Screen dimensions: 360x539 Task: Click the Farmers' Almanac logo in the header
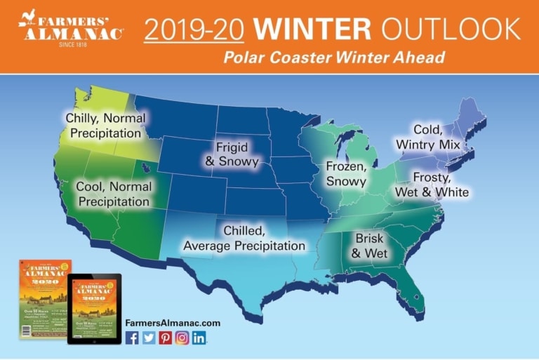click(x=70, y=29)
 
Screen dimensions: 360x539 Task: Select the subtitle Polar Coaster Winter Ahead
click(x=333, y=57)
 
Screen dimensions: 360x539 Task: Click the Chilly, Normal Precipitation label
click(x=103, y=125)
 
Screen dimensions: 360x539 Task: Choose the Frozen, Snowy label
click(x=346, y=174)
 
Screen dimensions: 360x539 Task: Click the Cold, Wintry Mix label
click(x=427, y=137)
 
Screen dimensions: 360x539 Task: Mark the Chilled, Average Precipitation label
click(x=244, y=238)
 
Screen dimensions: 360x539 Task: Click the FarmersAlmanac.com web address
click(x=173, y=322)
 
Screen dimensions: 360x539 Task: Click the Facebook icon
click(x=132, y=338)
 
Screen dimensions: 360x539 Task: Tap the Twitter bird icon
click(x=149, y=338)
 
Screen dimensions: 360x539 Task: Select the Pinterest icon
click(x=166, y=338)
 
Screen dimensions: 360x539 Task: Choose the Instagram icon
click(x=182, y=338)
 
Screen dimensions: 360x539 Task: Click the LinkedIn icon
click(x=199, y=338)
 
